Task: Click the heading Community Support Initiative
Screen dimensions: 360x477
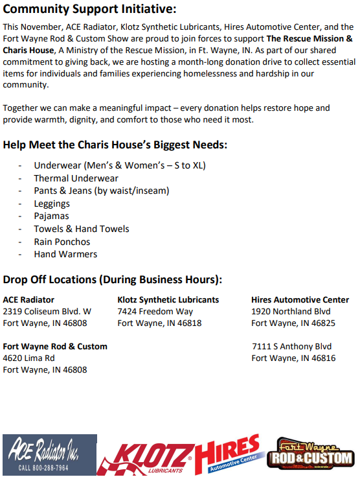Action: tap(89, 9)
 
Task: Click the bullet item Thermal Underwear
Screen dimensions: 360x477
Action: tap(76, 178)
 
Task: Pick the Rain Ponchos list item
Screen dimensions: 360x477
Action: tap(62, 242)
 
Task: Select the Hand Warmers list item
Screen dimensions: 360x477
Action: tap(65, 254)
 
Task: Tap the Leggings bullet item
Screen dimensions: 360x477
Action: tap(52, 204)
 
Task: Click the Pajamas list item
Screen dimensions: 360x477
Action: tap(51, 216)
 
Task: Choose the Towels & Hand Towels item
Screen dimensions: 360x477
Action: tap(82, 229)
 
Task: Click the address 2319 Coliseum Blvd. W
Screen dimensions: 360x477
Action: tap(47, 312)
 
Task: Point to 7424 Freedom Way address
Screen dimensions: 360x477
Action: tap(155, 312)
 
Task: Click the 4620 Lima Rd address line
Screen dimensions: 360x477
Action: tap(29, 358)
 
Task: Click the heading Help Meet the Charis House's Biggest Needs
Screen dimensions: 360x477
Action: tap(115, 145)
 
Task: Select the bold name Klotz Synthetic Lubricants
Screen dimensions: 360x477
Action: tap(168, 300)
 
